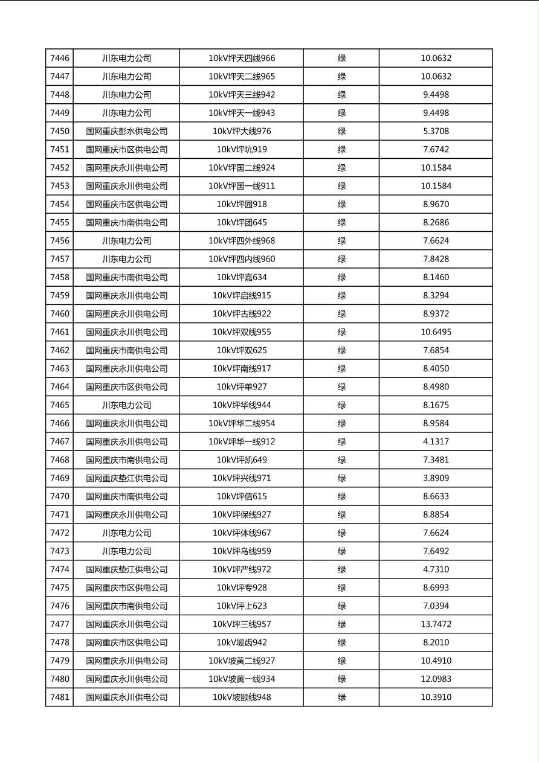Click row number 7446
click(59, 59)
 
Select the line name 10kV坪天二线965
click(241, 77)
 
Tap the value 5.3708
click(436, 131)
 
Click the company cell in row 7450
click(126, 131)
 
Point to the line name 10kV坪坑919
click(241, 150)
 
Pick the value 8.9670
click(436, 204)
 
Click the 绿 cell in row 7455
click(341, 222)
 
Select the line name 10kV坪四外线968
click(241, 241)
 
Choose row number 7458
click(59, 277)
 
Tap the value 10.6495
click(436, 332)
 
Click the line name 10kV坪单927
click(241, 387)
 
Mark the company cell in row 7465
click(126, 405)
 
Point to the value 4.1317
click(436, 441)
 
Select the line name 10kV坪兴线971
click(241, 478)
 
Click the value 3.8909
click(436, 478)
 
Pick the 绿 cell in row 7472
click(341, 533)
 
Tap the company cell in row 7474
click(126, 569)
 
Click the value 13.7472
click(436, 624)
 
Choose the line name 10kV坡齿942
click(241, 642)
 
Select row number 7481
click(59, 697)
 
